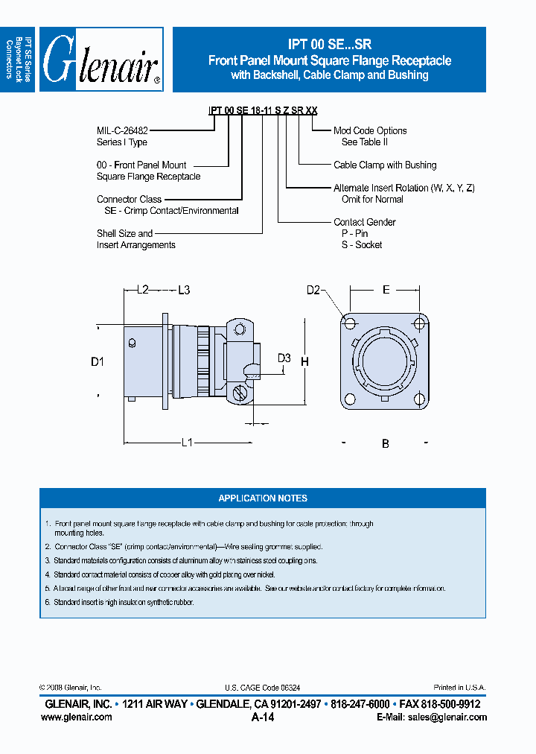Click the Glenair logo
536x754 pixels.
click(x=100, y=60)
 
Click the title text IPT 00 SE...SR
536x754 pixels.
click(x=329, y=45)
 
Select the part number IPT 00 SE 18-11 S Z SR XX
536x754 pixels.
click(x=263, y=110)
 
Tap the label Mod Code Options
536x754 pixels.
click(x=370, y=130)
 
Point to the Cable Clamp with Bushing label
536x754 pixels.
click(x=385, y=165)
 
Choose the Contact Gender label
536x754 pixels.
click(x=364, y=222)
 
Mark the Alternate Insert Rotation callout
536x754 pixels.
click(x=403, y=188)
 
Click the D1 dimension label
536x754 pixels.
click(x=97, y=362)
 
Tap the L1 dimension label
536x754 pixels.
click(x=188, y=443)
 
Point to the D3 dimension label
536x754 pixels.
click(x=284, y=358)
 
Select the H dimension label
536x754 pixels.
click(x=304, y=362)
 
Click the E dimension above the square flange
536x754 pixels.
click(x=386, y=290)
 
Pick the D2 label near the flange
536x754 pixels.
click(x=313, y=290)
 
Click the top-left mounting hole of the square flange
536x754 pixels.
click(x=349, y=323)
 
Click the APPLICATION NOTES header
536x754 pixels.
click(x=263, y=498)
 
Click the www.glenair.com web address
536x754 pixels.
click(x=77, y=717)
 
